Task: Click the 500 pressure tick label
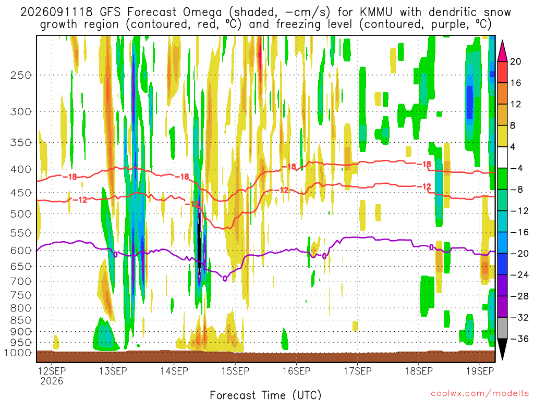pyautogui.click(x=21, y=214)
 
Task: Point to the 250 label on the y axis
pyautogui.click(x=21, y=75)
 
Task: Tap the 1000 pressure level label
pyautogui.click(x=17, y=353)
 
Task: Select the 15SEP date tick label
pyautogui.click(x=235, y=371)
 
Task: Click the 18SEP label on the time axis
pyautogui.click(x=419, y=371)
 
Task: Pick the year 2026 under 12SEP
pyautogui.click(x=52, y=381)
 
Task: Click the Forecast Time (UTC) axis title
pyautogui.click(x=265, y=395)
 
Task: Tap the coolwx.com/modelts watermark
pyautogui.click(x=480, y=394)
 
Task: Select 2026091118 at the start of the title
pyautogui.click(x=56, y=12)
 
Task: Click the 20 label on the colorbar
pyautogui.click(x=516, y=61)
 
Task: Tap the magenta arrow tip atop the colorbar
pyautogui.click(x=503, y=42)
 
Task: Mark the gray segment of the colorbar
pyautogui.click(x=503, y=328)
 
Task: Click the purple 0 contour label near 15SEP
pyautogui.click(x=225, y=279)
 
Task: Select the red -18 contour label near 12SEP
pyautogui.click(x=70, y=177)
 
